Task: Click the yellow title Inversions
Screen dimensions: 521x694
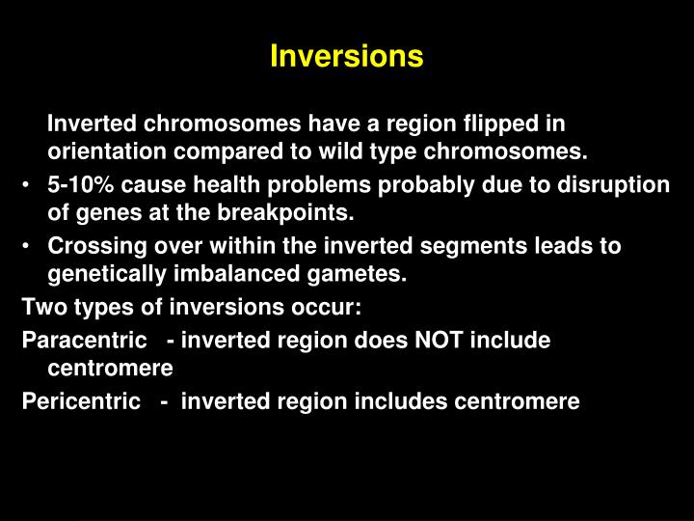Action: coord(346,57)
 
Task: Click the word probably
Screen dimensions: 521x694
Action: coord(410,184)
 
